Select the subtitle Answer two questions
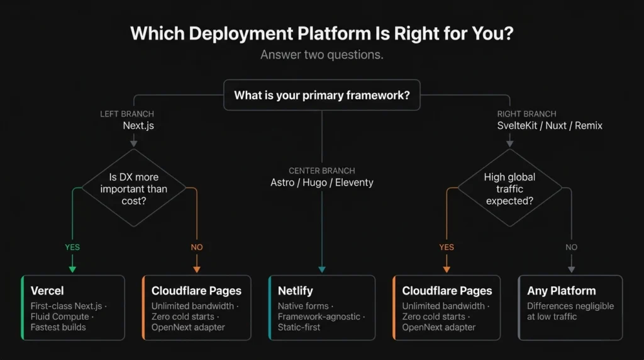pyautogui.click(x=321, y=55)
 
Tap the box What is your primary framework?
pyautogui.click(x=322, y=96)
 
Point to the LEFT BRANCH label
pyautogui.click(x=127, y=114)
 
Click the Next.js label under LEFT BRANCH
pyautogui.click(x=138, y=126)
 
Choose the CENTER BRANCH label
pyautogui.click(x=321, y=171)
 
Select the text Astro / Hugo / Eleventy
pyautogui.click(x=321, y=183)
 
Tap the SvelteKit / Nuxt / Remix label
pyautogui.click(x=549, y=126)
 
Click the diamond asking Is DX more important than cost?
pyautogui.click(x=134, y=188)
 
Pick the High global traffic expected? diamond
pyautogui.click(x=509, y=188)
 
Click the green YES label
pyautogui.click(x=72, y=247)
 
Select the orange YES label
pyautogui.click(x=447, y=247)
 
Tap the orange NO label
pyautogui.click(x=197, y=247)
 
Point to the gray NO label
pyautogui.click(x=571, y=247)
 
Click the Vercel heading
pyautogui.click(x=47, y=291)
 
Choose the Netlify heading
pyautogui.click(x=295, y=291)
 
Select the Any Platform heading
pyautogui.click(x=561, y=291)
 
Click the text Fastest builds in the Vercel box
pyautogui.click(x=58, y=327)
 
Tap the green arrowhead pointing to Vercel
pyautogui.click(x=72, y=269)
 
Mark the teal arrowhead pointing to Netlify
pyautogui.click(x=322, y=269)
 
